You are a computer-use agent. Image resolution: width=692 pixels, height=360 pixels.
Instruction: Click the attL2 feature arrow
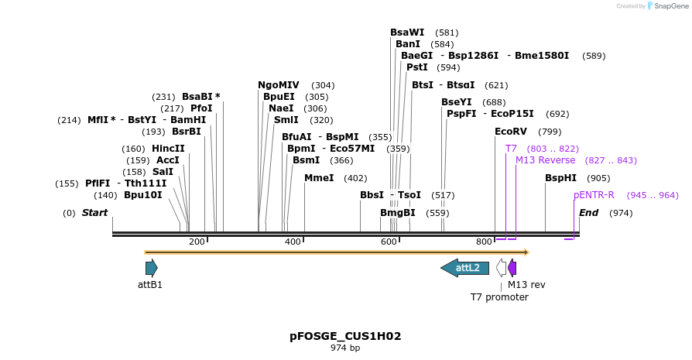(465, 268)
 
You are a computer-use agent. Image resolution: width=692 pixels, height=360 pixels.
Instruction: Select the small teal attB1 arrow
(151, 268)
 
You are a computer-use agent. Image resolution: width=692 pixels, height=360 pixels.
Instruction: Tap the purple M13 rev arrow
(512, 268)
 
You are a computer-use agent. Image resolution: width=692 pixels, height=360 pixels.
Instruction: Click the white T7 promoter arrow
(502, 268)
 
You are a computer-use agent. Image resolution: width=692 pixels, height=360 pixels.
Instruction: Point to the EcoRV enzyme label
(511, 132)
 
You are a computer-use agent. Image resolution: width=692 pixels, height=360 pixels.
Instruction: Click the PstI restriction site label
(416, 67)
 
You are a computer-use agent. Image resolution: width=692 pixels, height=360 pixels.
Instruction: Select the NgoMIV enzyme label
(279, 85)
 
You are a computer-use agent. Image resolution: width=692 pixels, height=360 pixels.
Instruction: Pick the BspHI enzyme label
(560, 178)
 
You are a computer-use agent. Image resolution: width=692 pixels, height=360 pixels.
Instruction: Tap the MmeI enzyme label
(319, 178)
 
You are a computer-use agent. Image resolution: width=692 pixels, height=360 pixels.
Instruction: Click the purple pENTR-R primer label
(594, 195)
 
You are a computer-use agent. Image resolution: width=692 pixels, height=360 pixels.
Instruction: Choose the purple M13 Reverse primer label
(545, 160)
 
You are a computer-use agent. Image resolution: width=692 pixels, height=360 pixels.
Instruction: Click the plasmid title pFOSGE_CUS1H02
(345, 336)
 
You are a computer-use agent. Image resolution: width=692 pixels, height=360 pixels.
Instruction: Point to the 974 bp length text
(345, 348)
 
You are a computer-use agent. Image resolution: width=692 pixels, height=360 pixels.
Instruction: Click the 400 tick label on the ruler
(293, 242)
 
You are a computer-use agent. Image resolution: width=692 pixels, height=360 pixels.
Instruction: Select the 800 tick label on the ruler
(484, 242)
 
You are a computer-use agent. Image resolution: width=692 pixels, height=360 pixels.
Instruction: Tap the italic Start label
(94, 213)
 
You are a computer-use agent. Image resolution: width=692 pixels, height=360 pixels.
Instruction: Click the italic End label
(589, 213)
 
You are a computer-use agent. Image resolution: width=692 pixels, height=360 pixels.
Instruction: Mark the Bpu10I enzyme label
(143, 195)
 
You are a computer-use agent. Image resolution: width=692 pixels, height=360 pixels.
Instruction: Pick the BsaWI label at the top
(407, 33)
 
